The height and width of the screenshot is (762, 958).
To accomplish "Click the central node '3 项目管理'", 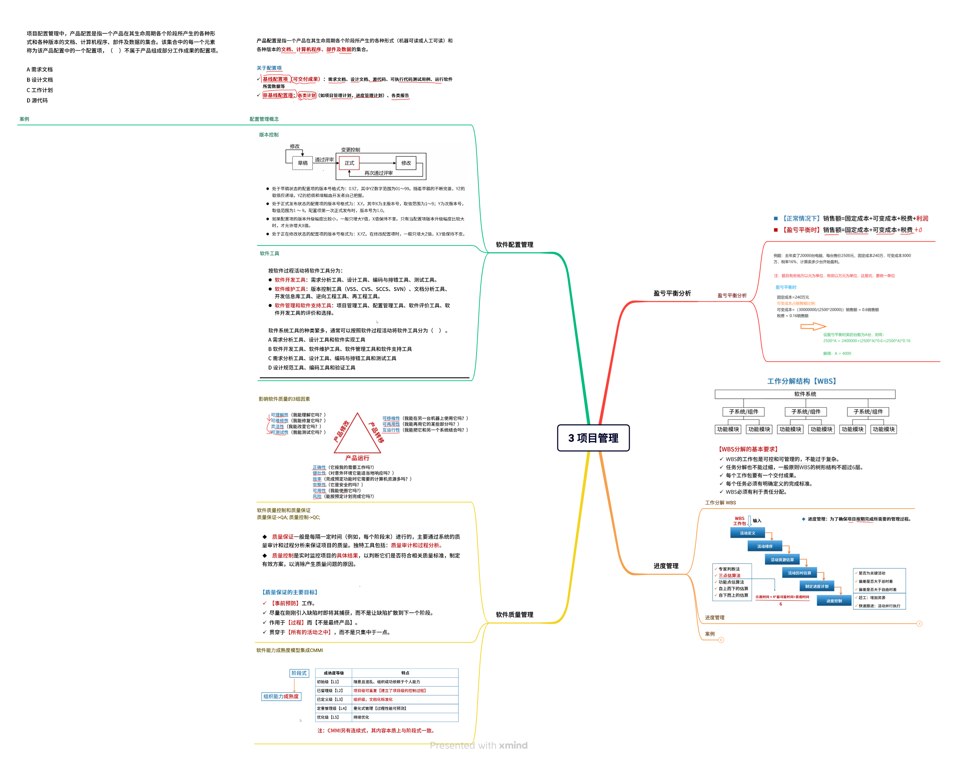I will tap(593, 438).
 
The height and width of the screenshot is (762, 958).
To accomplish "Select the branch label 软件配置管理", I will tap(515, 245).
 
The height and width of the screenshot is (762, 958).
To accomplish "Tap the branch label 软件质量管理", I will tap(515, 614).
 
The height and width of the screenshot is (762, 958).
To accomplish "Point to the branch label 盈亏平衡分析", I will tap(672, 293).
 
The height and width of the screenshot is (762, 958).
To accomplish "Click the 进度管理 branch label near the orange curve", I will tap(666, 566).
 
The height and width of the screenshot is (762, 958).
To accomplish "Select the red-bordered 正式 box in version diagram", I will tap(349, 163).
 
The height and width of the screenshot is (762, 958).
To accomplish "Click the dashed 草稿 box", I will tap(303, 163).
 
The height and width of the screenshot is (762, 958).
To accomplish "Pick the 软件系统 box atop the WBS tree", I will tap(805, 394).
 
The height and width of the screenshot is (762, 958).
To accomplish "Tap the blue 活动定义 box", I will tap(747, 533).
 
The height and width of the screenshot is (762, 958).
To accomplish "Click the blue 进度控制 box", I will tap(834, 601).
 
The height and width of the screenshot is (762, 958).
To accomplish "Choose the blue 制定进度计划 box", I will tap(816, 586).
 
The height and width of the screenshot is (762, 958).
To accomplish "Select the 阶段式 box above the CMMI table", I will tap(299, 673).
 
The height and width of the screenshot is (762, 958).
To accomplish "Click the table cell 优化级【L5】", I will tap(328, 717).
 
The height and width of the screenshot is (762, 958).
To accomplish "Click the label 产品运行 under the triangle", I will tap(357, 458).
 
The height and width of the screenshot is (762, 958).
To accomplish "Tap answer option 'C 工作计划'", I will tap(40, 90).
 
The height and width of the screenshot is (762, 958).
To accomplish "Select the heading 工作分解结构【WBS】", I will tap(802, 381).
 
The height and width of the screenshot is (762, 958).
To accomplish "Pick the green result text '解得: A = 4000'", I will tap(837, 354).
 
